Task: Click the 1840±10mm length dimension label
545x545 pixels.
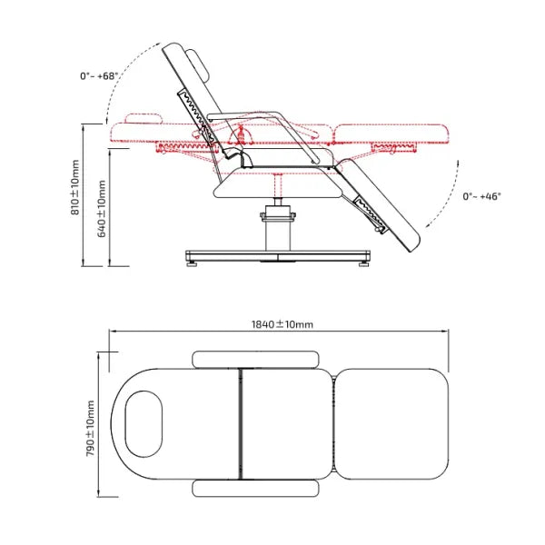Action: (x=282, y=324)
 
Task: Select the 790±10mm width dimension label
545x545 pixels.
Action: (x=90, y=428)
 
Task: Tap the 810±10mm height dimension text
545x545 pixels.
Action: (x=75, y=187)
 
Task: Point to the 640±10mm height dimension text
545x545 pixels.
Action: (x=102, y=209)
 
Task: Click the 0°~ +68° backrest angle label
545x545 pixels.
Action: (x=99, y=75)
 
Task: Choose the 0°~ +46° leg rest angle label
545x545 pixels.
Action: (x=481, y=196)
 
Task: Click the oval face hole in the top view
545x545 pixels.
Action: (x=144, y=424)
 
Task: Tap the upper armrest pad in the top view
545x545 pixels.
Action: (x=255, y=360)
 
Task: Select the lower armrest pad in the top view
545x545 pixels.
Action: (x=255, y=489)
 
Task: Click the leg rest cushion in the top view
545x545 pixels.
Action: (x=392, y=424)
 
